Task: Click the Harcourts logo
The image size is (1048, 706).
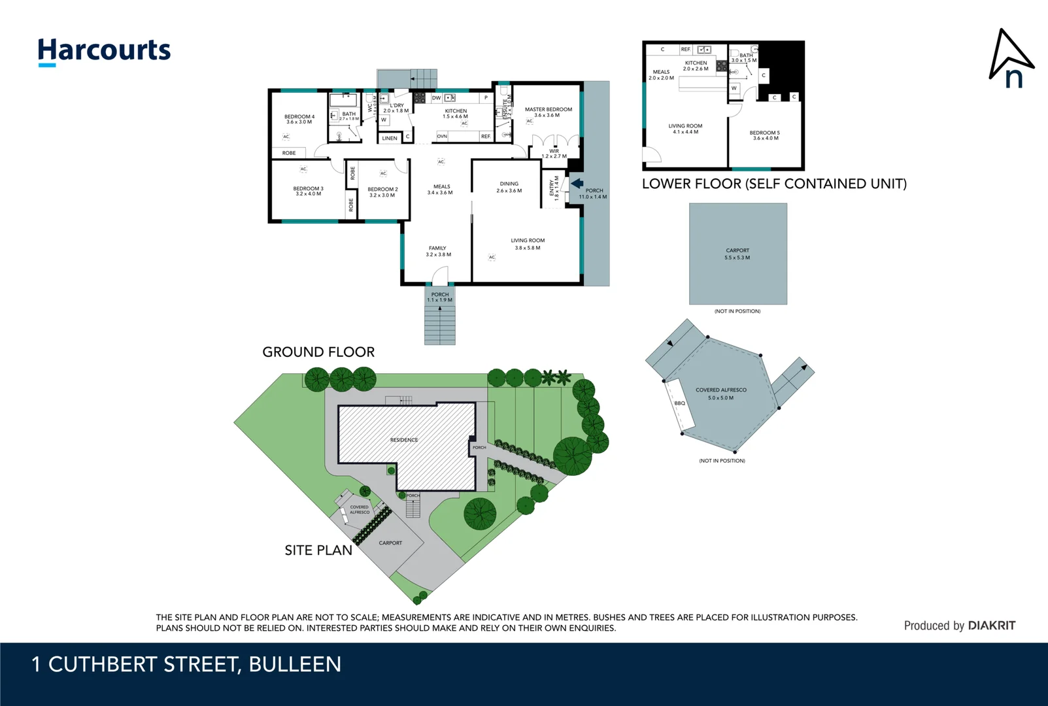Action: tap(104, 51)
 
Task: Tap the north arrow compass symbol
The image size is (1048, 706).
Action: tap(1009, 59)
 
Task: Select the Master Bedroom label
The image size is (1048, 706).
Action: tap(548, 112)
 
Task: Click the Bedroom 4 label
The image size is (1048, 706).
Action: tap(299, 119)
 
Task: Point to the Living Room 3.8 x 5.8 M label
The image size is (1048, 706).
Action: tap(527, 244)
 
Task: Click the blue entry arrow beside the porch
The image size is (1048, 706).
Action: tap(577, 184)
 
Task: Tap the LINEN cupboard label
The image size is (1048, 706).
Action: tap(390, 138)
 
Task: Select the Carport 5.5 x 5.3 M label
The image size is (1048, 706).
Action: tap(737, 254)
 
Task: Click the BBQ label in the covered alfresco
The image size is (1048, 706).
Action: tap(679, 403)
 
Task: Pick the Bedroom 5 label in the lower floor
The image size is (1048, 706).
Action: tap(764, 135)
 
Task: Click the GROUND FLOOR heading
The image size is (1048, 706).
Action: tap(318, 352)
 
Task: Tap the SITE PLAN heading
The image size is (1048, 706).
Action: tap(318, 550)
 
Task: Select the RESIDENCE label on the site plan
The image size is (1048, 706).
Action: tap(403, 440)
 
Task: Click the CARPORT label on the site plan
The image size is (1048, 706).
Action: tap(390, 543)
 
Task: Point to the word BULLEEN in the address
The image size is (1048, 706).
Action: tap(295, 664)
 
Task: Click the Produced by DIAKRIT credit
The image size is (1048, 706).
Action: tap(959, 626)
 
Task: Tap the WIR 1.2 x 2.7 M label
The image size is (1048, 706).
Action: tap(554, 154)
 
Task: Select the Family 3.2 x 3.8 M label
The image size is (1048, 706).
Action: tap(438, 251)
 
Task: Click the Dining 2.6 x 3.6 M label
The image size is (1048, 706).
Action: tap(509, 187)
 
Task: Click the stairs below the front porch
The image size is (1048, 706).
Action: tap(439, 325)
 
